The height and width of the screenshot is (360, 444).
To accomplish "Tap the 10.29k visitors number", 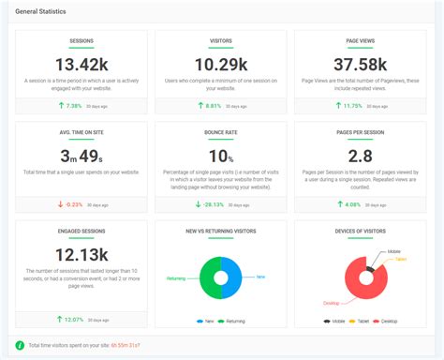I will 221,65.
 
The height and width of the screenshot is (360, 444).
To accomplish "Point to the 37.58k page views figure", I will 361,65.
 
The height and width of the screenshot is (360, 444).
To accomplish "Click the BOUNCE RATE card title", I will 221,132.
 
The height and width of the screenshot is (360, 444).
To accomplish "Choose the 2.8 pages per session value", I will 361,156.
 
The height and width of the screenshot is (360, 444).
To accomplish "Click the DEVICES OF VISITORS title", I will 361,231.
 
